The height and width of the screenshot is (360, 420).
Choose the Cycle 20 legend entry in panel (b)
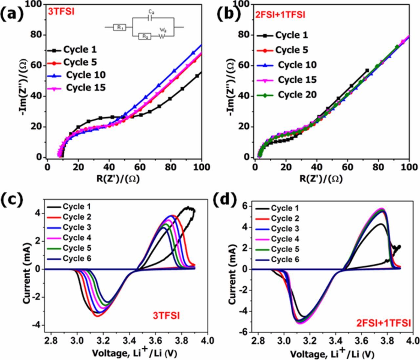point(297,95)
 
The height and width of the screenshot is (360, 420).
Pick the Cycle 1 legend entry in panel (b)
point(292,35)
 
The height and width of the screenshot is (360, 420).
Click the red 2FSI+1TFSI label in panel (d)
point(383,323)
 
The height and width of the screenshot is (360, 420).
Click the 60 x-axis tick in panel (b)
point(347,167)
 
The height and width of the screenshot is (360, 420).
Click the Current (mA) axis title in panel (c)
point(28,269)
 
